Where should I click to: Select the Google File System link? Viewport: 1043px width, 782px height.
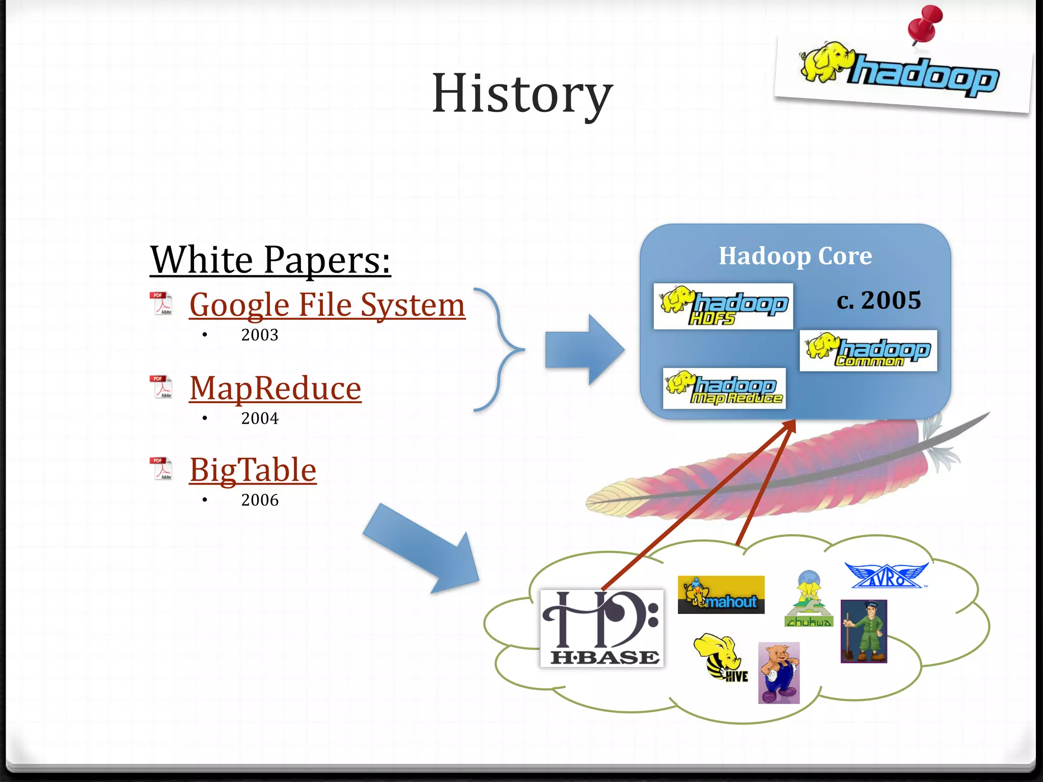327,305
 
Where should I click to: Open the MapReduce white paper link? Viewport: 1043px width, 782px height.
275,388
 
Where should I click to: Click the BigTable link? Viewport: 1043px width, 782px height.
253,470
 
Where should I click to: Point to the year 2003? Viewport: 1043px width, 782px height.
260,335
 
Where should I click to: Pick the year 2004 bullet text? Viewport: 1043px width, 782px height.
260,418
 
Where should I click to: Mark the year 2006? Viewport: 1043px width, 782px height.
260,500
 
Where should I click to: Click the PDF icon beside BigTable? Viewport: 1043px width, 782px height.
161,469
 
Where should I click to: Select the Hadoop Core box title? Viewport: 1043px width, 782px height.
795,256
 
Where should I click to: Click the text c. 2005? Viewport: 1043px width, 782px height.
879,300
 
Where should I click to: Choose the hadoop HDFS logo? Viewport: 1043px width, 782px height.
723,306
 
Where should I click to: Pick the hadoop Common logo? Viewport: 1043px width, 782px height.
868,351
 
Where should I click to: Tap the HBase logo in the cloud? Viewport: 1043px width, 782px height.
601,628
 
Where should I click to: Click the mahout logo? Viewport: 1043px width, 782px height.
721,595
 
